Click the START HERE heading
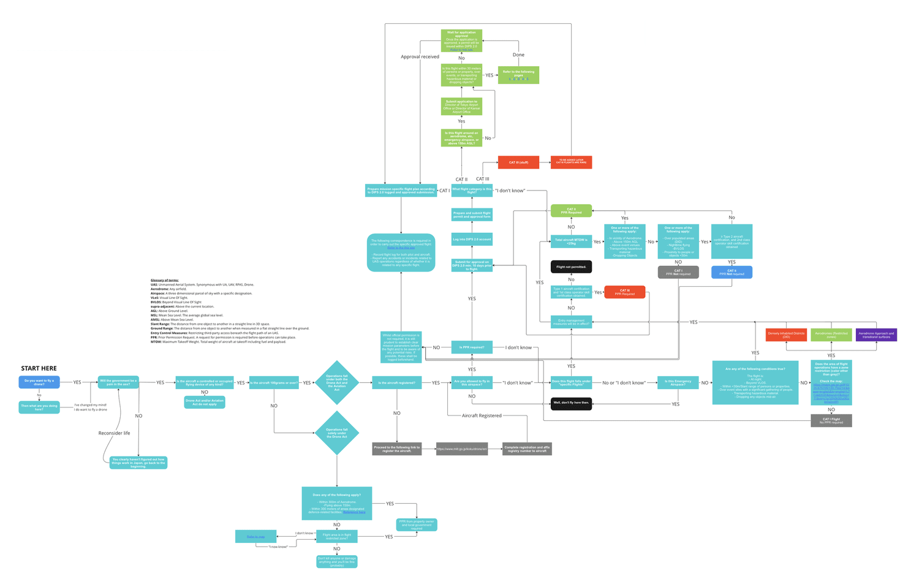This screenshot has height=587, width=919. coord(39,368)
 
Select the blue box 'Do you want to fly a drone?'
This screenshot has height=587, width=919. coord(39,382)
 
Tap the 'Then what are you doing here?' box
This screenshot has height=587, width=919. coord(39,407)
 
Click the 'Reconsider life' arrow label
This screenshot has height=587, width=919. coord(114,433)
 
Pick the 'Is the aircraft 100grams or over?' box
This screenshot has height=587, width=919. coord(274,382)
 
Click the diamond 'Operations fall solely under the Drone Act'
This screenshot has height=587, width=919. coord(336,433)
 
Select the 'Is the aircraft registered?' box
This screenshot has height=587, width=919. coord(396,382)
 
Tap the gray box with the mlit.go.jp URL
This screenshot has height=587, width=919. coord(462,449)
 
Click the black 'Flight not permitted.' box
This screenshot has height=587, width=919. coord(571,267)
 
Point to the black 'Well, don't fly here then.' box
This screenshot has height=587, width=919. coord(571,403)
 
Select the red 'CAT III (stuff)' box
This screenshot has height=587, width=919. coord(518,162)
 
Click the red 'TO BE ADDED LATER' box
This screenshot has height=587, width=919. coord(571,162)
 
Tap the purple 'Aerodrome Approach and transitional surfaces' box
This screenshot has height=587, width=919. coord(876,335)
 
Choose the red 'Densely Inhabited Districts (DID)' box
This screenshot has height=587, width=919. coord(786,335)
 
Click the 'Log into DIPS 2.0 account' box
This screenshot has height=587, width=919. coord(472,239)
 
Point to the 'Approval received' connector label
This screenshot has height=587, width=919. coord(420,56)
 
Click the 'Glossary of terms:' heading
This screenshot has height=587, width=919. coord(165,280)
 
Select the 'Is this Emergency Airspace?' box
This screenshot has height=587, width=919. coord(678,382)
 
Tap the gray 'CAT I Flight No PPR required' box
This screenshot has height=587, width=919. coord(831,421)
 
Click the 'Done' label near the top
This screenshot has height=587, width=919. coord(518,55)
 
